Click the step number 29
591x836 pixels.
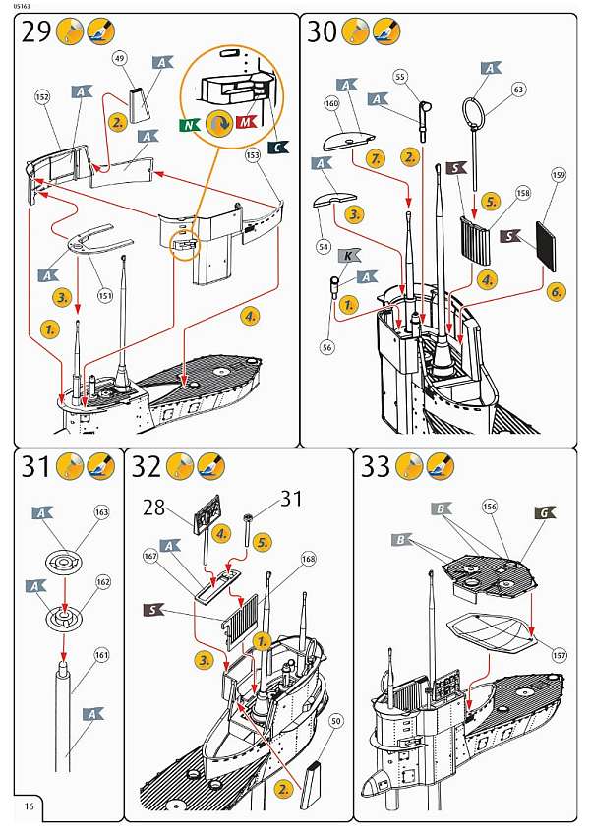(35, 32)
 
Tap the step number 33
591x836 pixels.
(376, 466)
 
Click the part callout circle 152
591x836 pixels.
(42, 98)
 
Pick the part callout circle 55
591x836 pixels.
(400, 76)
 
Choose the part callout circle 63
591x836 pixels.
(518, 90)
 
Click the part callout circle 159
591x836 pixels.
(559, 177)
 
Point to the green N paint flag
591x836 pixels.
(188, 125)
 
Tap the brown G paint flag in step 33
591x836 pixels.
(544, 512)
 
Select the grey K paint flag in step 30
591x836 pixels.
(349, 255)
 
